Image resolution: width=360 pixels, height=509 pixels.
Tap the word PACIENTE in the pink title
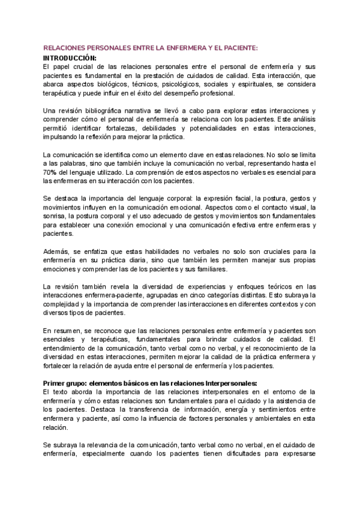pyautogui.click(x=236, y=48)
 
